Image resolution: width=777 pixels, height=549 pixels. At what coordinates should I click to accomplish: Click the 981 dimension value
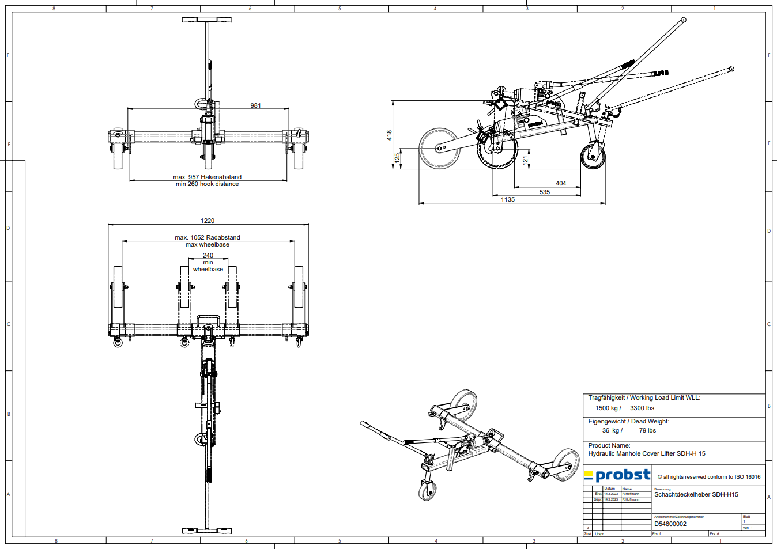[x=255, y=105]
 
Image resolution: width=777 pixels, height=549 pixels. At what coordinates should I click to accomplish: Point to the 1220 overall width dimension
[x=208, y=221]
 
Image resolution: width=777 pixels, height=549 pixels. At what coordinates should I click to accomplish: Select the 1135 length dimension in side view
[x=508, y=199]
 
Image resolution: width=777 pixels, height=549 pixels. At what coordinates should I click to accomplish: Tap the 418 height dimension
[x=390, y=135]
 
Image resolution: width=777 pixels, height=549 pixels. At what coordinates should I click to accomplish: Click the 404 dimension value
[x=561, y=183]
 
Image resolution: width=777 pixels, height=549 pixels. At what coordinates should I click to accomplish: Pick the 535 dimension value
[x=545, y=192]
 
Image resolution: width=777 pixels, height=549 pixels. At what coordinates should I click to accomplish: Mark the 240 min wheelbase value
[x=208, y=255]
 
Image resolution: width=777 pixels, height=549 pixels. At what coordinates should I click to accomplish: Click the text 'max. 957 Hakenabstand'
[x=208, y=177]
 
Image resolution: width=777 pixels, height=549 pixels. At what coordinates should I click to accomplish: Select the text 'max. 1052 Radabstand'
[x=208, y=237]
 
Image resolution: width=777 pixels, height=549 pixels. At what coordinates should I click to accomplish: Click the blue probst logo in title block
[x=617, y=475]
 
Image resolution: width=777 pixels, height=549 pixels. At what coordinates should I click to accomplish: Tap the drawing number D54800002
[x=670, y=524]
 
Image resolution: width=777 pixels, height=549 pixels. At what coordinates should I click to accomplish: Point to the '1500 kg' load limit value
[x=608, y=408]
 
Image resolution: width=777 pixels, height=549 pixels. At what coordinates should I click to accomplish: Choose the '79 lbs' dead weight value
[x=647, y=430]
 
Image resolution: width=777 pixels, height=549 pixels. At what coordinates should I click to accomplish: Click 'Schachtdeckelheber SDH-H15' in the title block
[x=696, y=494]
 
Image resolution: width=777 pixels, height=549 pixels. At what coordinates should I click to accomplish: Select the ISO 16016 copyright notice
[x=709, y=477]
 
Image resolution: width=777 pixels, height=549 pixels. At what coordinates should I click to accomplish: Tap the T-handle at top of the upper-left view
[x=207, y=20]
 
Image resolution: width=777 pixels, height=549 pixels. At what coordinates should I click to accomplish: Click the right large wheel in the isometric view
[x=565, y=464]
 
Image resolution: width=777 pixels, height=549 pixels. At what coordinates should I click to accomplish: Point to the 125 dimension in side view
[x=397, y=157]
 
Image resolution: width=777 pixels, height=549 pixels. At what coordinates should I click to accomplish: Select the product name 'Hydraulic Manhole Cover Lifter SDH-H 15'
[x=647, y=453]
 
